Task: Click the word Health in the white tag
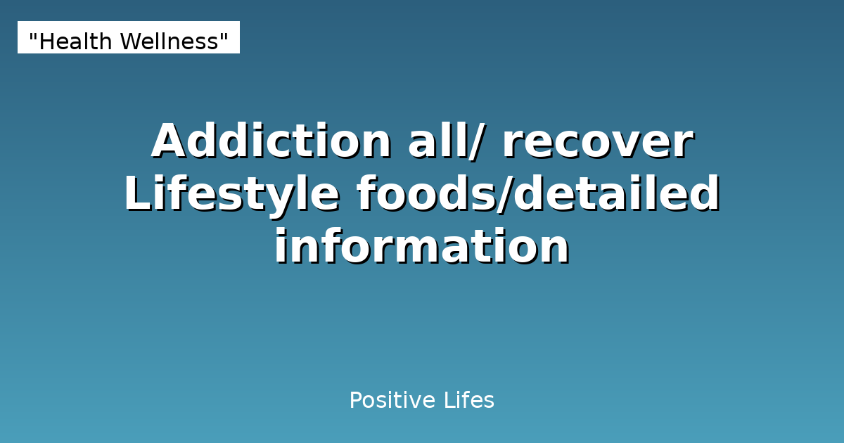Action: pos(76,42)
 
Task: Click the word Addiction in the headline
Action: pos(271,141)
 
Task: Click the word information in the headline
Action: pos(421,248)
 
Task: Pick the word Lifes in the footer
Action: pos(468,401)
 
